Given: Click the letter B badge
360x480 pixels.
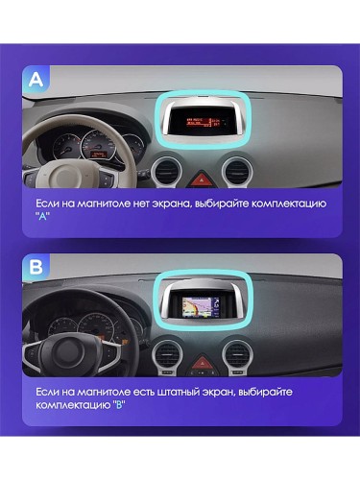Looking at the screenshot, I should [36, 269].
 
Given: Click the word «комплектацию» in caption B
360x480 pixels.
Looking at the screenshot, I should [77, 406].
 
